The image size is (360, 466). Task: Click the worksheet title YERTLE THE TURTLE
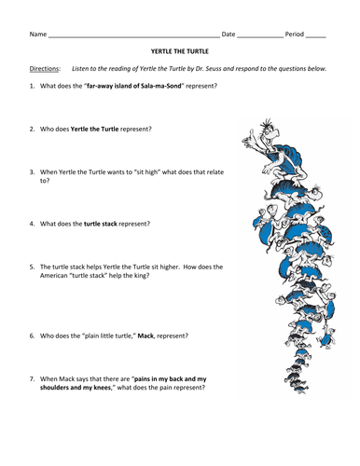180,51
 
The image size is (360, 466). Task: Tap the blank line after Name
134,37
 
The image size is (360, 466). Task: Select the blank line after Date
260,37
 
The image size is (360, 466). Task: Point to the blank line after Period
316,37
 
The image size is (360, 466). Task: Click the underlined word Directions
44,69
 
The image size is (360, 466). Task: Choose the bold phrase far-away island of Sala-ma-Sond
134,86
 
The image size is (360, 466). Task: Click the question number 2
33,129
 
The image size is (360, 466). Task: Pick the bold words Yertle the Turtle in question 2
94,129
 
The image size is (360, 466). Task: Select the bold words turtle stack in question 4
101,224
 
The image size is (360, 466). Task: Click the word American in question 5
53,275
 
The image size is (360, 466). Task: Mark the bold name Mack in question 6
145,336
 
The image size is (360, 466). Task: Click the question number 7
33,379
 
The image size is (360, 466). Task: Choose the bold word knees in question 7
102,388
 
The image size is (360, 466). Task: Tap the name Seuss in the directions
213,69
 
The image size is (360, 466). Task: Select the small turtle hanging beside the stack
325,338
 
